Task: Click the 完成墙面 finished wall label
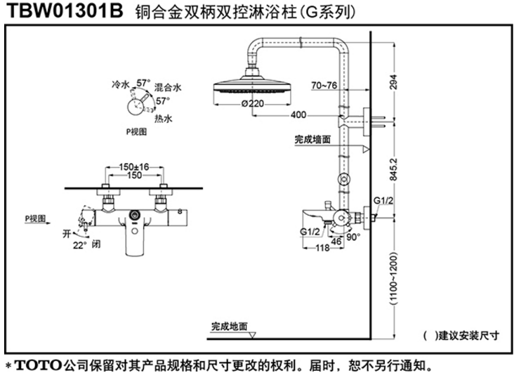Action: (312, 140)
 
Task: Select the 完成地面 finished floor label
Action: (230, 326)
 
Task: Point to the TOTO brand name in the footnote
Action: (37, 366)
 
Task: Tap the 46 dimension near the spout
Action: (336, 240)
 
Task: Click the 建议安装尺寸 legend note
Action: (468, 336)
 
